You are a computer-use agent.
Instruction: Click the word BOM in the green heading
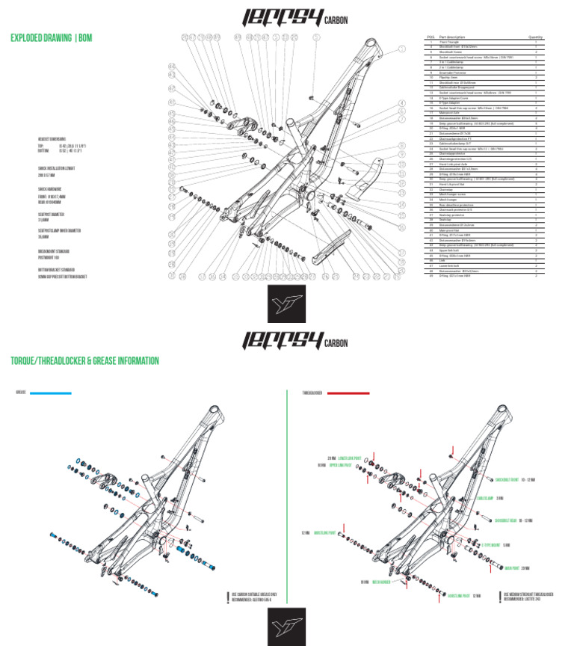86,38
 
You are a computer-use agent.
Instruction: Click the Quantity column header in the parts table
535,37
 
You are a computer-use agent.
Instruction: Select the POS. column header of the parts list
430,37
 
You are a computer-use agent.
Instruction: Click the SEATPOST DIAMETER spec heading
52,213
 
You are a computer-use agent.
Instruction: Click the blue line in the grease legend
51,393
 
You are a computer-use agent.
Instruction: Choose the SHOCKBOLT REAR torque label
511,520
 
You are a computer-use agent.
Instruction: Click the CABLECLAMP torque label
487,497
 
